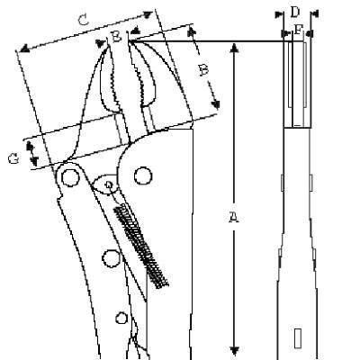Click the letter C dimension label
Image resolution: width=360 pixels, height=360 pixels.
[83, 21]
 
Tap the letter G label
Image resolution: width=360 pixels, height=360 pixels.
[13, 158]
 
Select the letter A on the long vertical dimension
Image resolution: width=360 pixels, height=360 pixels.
[234, 217]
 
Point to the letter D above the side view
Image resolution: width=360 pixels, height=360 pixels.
[295, 13]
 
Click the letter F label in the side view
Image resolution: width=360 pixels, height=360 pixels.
[298, 30]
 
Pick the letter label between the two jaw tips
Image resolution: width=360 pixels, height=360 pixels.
[117, 37]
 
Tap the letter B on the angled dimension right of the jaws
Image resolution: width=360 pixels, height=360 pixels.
[203, 71]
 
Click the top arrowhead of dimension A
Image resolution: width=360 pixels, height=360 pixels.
[234, 48]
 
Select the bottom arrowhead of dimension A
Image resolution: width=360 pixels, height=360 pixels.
[234, 351]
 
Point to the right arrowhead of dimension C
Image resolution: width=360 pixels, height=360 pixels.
[148, 14]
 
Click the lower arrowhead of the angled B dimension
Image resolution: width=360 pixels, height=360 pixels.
[215, 104]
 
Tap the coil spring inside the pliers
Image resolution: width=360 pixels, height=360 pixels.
[140, 246]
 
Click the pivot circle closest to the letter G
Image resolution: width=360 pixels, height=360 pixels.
[70, 177]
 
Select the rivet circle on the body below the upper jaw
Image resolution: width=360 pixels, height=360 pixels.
[143, 175]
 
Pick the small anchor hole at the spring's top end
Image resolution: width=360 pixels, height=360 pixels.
[109, 184]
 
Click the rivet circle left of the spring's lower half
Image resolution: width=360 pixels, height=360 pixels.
[112, 258]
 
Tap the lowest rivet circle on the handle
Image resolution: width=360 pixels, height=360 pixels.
[121, 319]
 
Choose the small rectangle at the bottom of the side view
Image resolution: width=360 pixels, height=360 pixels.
[298, 338]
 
